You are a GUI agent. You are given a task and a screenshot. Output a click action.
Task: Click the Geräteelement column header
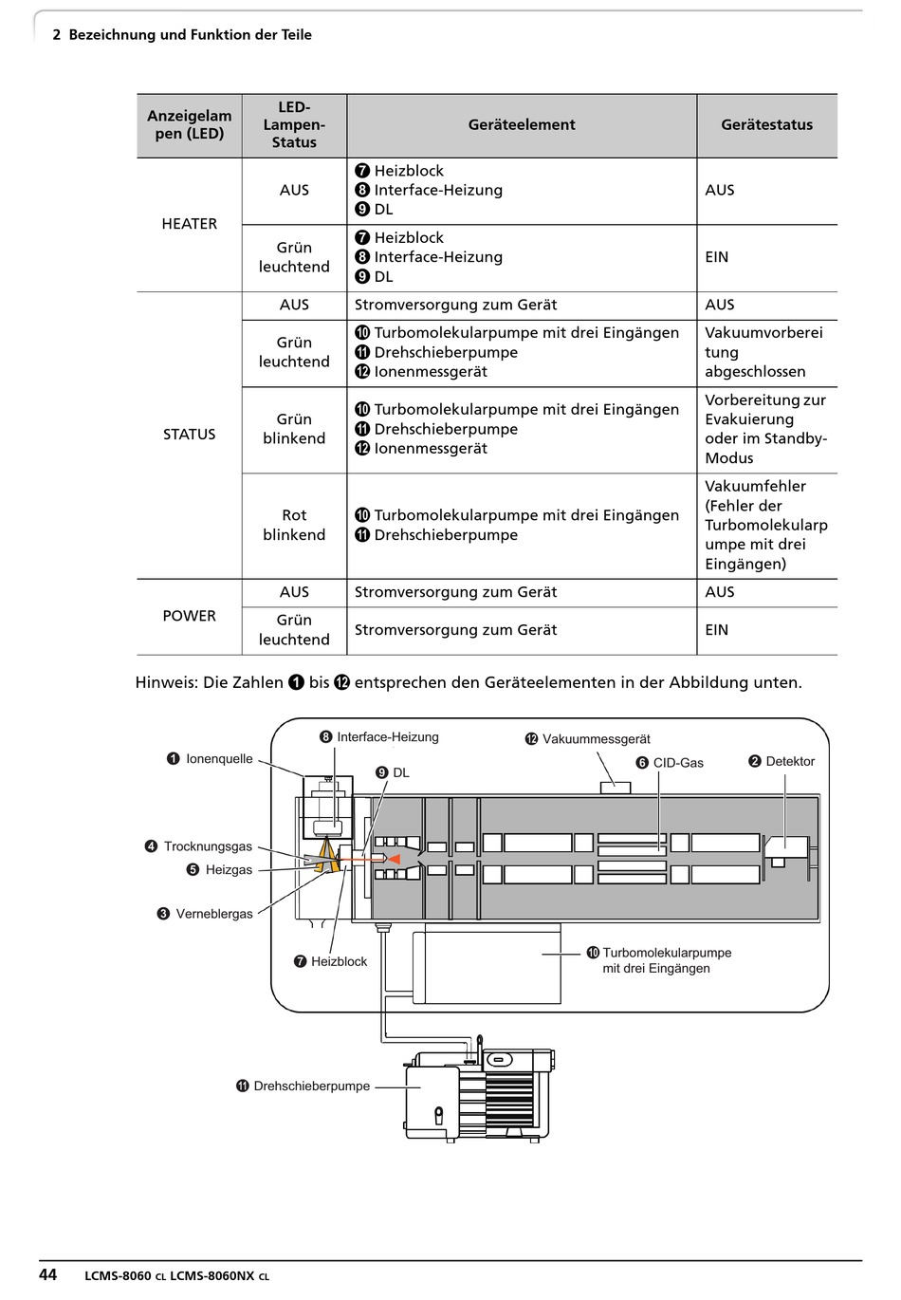[x=521, y=124]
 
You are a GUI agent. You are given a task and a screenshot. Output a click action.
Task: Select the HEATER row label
[x=189, y=223]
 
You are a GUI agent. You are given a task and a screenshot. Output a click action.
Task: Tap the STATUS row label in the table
[x=189, y=434]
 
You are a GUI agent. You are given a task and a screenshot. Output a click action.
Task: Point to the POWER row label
[x=189, y=616]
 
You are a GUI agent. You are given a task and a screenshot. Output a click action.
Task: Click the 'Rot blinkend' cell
[x=294, y=525]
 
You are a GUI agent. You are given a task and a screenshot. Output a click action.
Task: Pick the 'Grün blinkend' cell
[x=294, y=428]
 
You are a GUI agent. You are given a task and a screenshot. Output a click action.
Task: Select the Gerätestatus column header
[x=766, y=124]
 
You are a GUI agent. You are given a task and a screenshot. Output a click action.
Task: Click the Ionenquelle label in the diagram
[x=219, y=758]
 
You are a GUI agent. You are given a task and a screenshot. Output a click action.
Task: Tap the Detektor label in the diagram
[x=790, y=761]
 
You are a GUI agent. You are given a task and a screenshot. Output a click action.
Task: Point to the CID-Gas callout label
[x=677, y=763]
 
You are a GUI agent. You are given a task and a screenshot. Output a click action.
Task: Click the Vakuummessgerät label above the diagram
[x=596, y=739]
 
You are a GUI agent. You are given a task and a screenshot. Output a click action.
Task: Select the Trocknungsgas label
[x=208, y=846]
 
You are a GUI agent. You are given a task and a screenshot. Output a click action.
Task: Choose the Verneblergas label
[x=214, y=914]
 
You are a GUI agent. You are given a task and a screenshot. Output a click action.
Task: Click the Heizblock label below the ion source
[x=339, y=961]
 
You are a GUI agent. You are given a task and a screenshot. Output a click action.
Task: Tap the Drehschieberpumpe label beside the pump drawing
[x=311, y=1086]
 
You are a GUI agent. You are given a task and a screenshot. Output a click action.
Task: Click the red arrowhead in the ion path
[x=394, y=859]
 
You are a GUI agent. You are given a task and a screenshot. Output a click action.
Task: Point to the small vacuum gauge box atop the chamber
[x=615, y=788]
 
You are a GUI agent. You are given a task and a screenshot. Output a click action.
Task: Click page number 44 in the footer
[x=47, y=1273]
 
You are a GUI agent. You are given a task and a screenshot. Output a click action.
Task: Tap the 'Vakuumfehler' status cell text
[x=755, y=487]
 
